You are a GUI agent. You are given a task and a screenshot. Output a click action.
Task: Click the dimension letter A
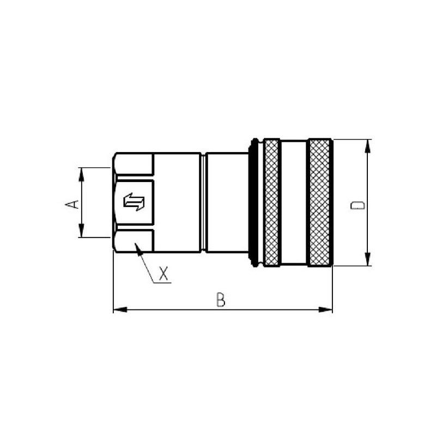tap(72, 204)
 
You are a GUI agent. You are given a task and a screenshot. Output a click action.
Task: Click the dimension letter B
tap(221, 299)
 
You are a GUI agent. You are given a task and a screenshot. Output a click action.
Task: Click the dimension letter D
tap(358, 205)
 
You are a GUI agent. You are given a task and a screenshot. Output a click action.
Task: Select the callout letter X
tap(163, 273)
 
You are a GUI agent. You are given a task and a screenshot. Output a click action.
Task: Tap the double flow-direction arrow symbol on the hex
tap(134, 202)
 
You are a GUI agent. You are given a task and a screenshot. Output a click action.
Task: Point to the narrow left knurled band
tap(271, 202)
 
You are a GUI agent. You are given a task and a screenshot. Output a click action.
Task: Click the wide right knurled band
tap(319, 202)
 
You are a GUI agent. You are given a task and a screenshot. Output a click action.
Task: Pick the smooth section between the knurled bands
tap(294, 202)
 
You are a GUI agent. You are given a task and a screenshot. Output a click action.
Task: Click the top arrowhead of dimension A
tap(81, 174)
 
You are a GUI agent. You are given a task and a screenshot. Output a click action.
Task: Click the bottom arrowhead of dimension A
tap(81, 231)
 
